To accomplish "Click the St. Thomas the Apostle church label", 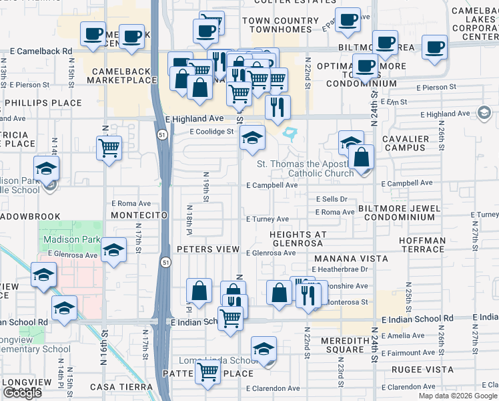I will [304, 168].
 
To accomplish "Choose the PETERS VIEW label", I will [209, 249].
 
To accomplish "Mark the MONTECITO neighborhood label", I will [137, 215].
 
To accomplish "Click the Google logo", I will [22, 393].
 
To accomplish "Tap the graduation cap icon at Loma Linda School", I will [264, 349].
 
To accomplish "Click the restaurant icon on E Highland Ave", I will [278, 107].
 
